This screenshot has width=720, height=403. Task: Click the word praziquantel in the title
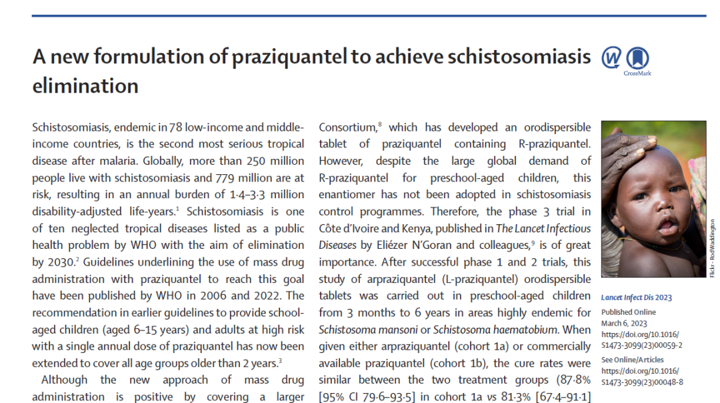[284, 57]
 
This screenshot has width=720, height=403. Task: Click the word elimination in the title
[85, 86]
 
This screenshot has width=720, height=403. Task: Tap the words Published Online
[628, 312]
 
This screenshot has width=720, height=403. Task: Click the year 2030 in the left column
[59, 263]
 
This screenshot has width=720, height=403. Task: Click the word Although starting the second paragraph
[65, 380]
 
